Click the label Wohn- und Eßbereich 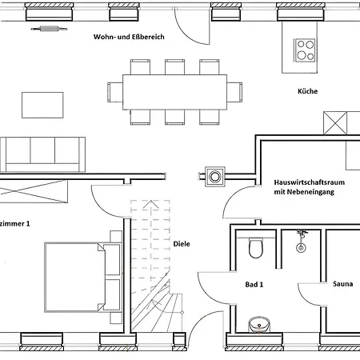tap(129, 37)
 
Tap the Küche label tap(307, 91)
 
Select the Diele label tap(182, 244)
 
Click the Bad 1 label tap(254, 285)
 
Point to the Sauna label tap(343, 284)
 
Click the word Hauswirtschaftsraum tap(310, 182)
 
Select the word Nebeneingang tap(314, 192)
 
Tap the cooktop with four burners tap(306, 50)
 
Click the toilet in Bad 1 tap(256, 248)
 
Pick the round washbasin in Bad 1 tap(259, 325)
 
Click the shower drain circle tap(301, 247)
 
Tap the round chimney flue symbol tap(215, 177)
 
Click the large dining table tap(174, 92)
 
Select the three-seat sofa tap(42, 154)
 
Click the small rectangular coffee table tap(42, 105)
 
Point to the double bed tap(83, 278)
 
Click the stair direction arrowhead tap(150, 204)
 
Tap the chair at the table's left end tap(115, 92)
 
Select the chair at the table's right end tap(234, 92)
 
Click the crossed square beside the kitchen tap(335, 123)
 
